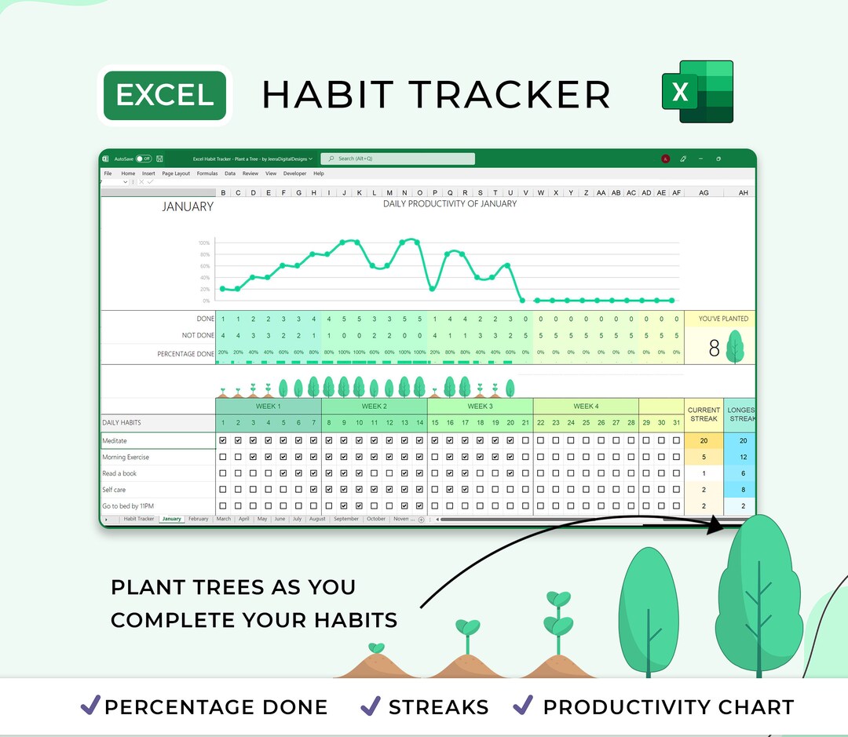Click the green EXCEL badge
click(165, 95)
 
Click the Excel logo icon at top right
click(696, 92)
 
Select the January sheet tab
click(171, 519)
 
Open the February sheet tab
click(198, 519)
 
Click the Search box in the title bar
click(397, 159)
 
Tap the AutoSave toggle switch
click(143, 159)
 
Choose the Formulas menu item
click(207, 173)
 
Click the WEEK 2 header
click(374, 407)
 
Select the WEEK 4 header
click(585, 407)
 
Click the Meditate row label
click(115, 441)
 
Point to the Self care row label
click(114, 490)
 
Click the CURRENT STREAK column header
click(704, 414)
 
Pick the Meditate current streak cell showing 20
click(704, 441)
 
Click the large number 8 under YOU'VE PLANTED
click(714, 348)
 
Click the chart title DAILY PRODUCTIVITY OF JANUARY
click(450, 204)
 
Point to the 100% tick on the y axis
click(204, 243)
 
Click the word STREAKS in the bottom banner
click(438, 707)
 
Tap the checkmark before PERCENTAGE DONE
click(90, 706)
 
